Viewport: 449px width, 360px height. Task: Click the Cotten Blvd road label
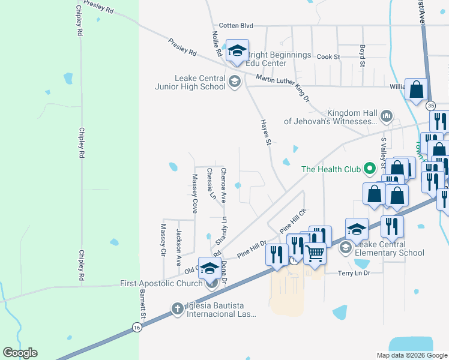coord(236,26)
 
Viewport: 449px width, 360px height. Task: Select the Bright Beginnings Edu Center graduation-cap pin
coord(237,50)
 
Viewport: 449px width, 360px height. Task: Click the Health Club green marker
coord(370,169)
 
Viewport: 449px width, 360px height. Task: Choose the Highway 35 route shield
coord(430,106)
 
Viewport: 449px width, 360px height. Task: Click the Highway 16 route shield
coord(137,326)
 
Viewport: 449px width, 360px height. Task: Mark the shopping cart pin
coord(315,253)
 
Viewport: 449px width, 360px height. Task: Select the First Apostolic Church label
coord(161,284)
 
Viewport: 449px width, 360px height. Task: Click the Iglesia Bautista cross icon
coord(177,309)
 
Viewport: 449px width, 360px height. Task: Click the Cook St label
coord(328,56)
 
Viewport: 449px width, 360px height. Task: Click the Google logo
coord(20,353)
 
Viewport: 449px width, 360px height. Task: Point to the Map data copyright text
coord(412,355)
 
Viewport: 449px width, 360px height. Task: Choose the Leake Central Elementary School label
coord(389,248)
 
